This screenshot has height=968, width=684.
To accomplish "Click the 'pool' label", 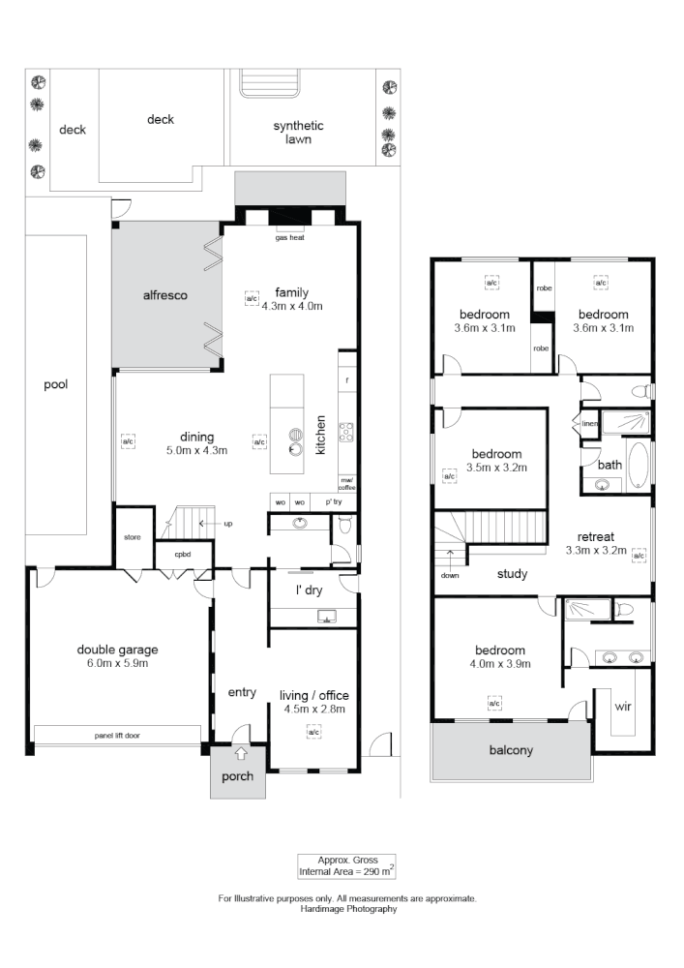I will click(56, 383).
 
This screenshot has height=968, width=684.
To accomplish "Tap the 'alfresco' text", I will click(165, 295).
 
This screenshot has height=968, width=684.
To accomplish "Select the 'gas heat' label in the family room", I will click(290, 237).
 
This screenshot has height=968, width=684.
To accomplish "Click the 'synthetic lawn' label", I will click(298, 133).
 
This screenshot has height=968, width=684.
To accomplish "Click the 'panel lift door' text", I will click(117, 736).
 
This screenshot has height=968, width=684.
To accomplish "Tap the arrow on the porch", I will click(240, 752).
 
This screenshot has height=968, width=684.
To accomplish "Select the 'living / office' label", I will click(313, 695).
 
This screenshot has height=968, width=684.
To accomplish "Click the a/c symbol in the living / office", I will click(313, 734).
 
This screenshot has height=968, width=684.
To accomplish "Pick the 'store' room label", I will click(134, 537).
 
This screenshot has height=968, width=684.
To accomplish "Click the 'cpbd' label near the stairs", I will click(181, 555).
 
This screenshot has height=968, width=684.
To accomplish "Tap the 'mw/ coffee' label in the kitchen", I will click(346, 484).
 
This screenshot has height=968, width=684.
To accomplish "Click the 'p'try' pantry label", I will click(335, 503).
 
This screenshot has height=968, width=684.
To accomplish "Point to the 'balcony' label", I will click(510, 750).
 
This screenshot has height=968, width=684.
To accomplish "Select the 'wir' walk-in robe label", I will click(623, 707).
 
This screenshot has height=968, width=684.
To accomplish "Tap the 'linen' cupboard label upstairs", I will click(589, 422).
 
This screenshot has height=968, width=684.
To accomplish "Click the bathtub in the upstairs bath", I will click(638, 465).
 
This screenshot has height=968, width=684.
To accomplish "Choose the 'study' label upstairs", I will click(512, 574).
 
